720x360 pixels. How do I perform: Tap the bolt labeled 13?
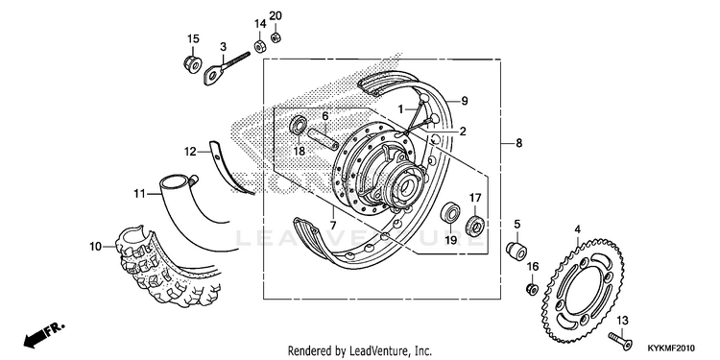click(620, 340)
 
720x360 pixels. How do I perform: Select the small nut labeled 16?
click(532, 289)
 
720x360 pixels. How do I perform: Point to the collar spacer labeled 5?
click(516, 251)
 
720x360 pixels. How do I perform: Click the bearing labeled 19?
click(450, 214)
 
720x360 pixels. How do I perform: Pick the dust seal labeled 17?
click(476, 224)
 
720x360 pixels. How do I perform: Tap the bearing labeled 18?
click(299, 126)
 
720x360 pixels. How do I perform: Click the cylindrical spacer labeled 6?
click(324, 137)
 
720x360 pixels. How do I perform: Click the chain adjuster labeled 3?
click(226, 68)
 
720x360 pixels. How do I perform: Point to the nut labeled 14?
click(259, 46)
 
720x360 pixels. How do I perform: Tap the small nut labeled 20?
click(276, 36)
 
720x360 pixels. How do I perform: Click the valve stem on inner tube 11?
click(193, 180)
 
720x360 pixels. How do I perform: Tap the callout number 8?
click(518, 144)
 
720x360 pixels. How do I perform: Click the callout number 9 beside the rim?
click(465, 101)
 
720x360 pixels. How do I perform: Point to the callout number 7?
click(333, 226)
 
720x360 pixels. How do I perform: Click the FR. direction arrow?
click(44, 334)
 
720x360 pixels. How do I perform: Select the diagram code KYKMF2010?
click(671, 348)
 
